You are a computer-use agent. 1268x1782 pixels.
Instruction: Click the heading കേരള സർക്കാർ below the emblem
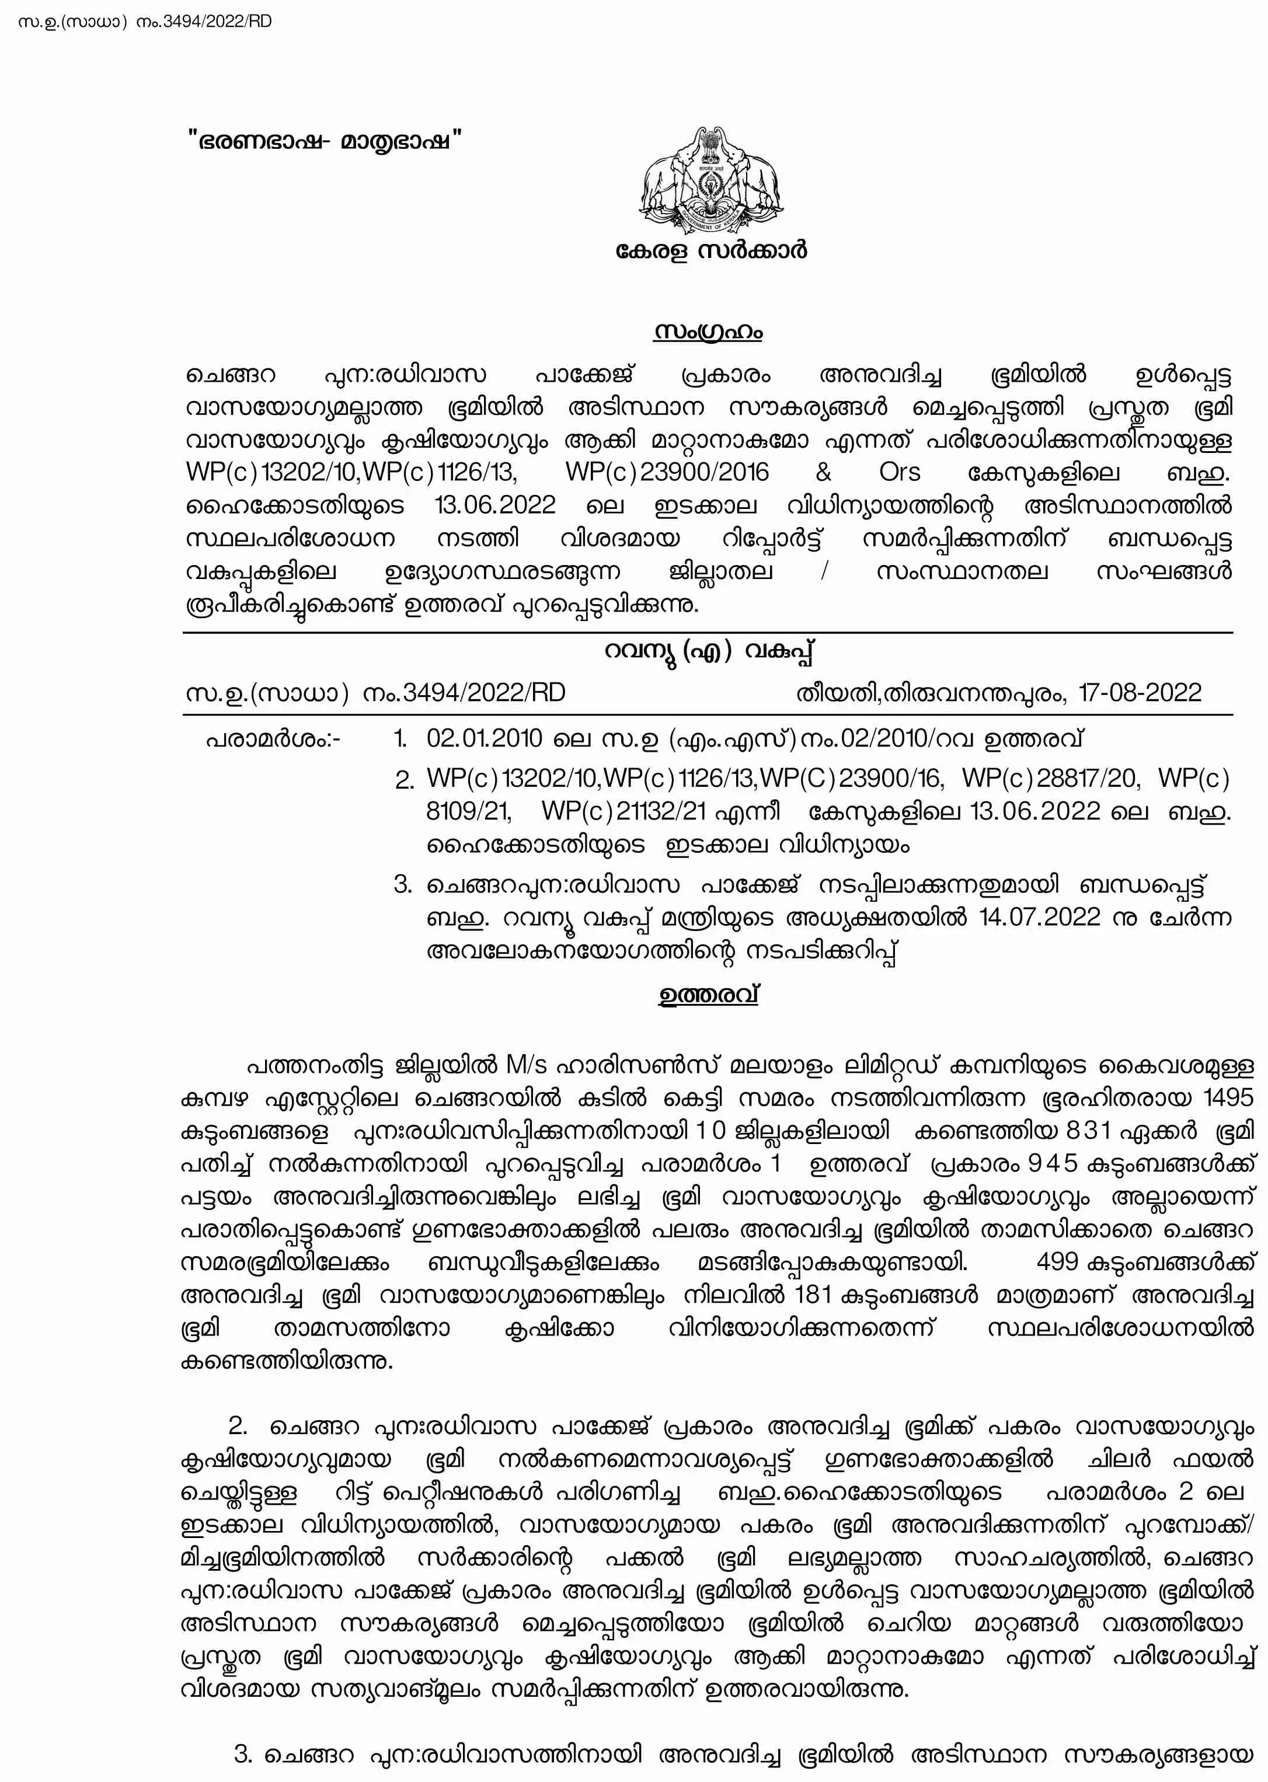(x=710, y=250)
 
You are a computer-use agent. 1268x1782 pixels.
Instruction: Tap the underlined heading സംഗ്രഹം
(x=708, y=332)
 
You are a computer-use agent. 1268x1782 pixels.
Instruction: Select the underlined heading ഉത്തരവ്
(x=708, y=996)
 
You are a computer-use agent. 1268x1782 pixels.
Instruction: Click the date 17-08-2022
(x=1140, y=692)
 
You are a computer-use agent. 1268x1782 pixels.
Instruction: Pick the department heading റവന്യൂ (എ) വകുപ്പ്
(x=708, y=651)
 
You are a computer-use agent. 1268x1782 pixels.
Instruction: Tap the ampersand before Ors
(x=824, y=472)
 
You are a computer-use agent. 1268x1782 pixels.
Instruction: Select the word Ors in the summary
(x=900, y=472)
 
